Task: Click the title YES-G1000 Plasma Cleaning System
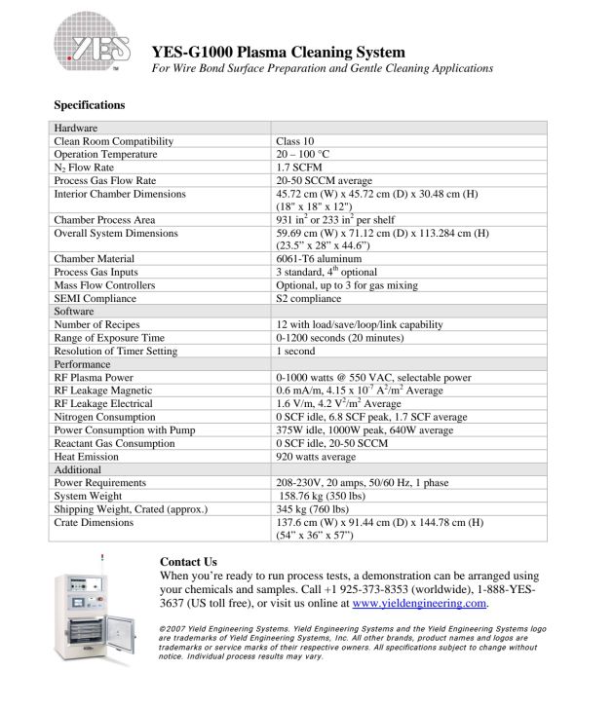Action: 278,52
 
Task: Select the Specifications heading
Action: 89,104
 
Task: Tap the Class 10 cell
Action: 295,141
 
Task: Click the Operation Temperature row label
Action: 105,154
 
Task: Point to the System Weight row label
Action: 89,495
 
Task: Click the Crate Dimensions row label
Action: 96,522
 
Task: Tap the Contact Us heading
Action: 188,562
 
